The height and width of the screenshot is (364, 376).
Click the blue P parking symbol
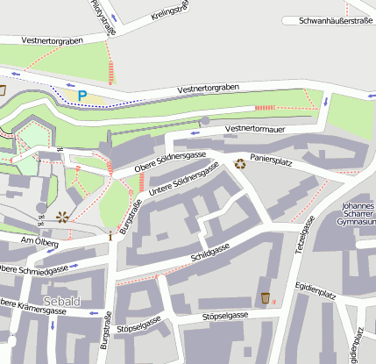pos(82,95)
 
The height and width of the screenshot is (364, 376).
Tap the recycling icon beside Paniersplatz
pos(240,162)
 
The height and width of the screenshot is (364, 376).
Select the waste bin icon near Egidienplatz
pos(265,298)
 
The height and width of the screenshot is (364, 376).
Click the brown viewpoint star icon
pos(62,216)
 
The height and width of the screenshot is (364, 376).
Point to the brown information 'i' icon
pos(110,236)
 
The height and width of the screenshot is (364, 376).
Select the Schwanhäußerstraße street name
pos(336,19)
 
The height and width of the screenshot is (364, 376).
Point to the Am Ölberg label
pos(39,241)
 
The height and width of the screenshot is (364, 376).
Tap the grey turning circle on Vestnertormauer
pos(205,121)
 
